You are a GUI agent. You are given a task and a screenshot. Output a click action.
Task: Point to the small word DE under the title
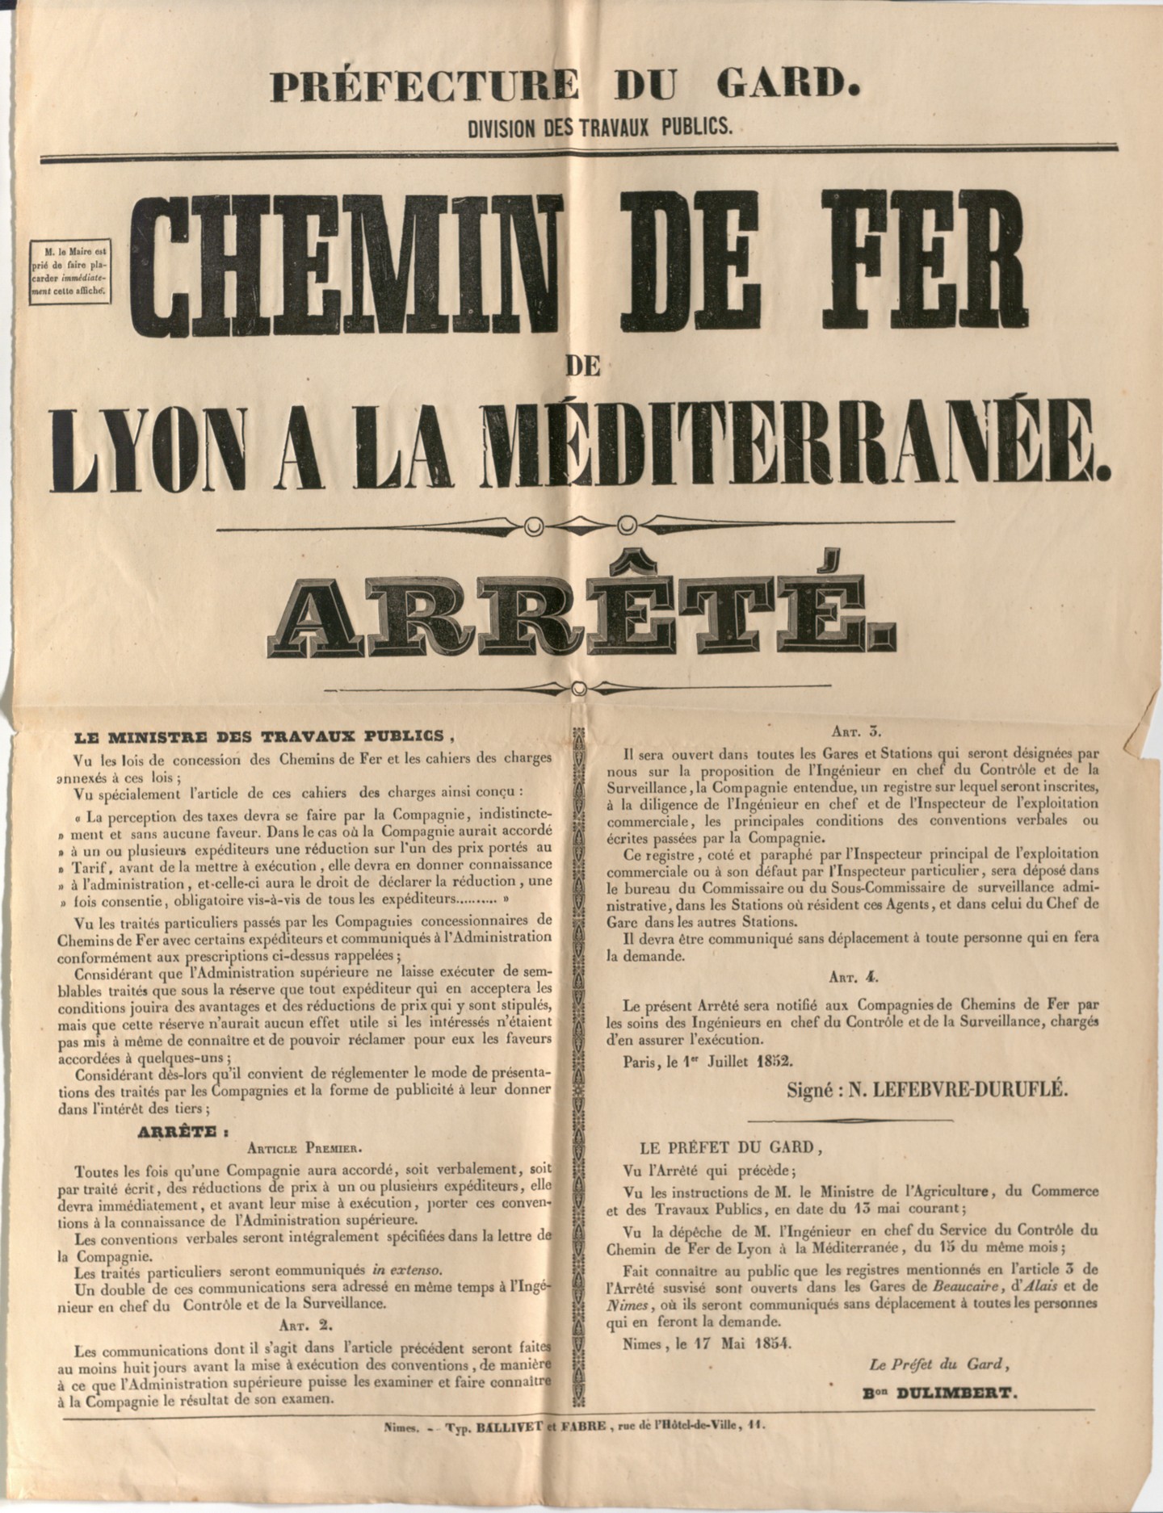click(x=582, y=366)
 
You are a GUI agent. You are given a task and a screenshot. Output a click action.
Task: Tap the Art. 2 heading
click(x=304, y=1324)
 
